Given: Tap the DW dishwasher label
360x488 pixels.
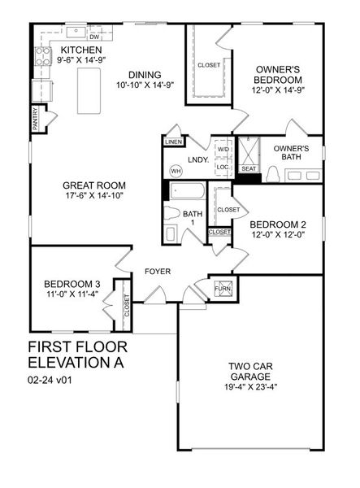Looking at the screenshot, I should click(x=94, y=37).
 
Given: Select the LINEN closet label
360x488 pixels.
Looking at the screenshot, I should click(x=172, y=142).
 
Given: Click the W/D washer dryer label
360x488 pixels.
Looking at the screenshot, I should click(x=223, y=149).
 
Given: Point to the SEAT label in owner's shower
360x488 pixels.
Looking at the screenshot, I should click(x=248, y=169).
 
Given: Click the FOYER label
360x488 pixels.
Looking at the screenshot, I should click(x=158, y=271).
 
